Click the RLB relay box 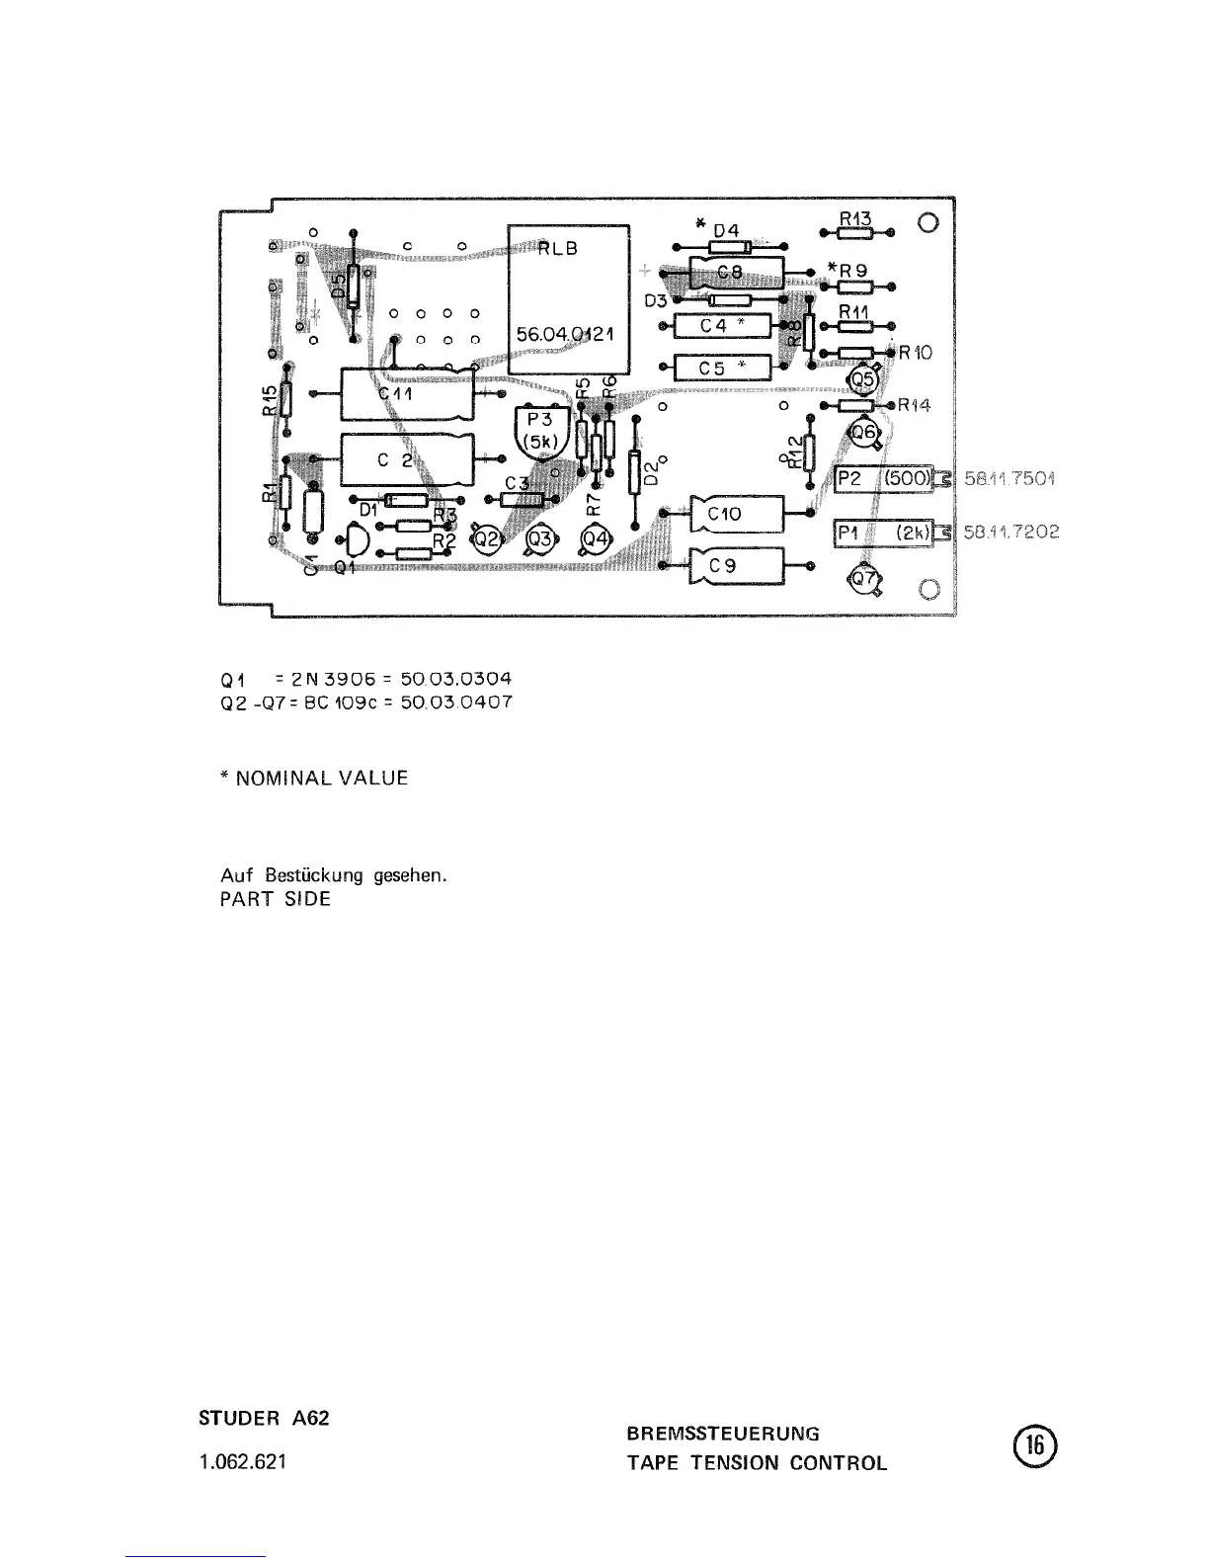click(x=569, y=297)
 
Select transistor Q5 click(x=863, y=377)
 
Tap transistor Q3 click(x=539, y=539)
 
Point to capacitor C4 click(x=721, y=325)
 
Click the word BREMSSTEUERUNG click(x=723, y=1433)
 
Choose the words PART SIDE click(x=275, y=899)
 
